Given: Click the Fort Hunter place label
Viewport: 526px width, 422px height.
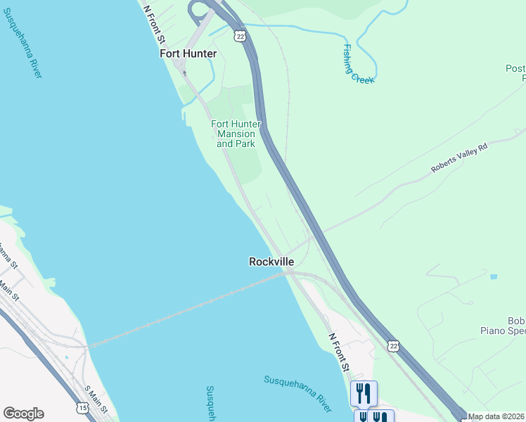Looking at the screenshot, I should tap(188, 53).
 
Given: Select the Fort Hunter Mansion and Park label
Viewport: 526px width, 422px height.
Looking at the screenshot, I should tap(236, 134).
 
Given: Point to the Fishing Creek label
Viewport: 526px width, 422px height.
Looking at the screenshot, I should tap(358, 64).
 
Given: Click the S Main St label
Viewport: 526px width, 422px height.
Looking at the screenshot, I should tap(98, 397).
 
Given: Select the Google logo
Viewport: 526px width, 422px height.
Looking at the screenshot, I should tap(23, 414).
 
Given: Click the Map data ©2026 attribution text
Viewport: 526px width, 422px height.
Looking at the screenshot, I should tap(496, 416).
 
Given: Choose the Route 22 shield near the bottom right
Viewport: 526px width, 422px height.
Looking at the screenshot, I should tap(393, 345).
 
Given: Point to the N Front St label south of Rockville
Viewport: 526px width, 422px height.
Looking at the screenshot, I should tap(339, 352).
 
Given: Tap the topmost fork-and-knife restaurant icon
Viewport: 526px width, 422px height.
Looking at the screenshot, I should tap(364, 392).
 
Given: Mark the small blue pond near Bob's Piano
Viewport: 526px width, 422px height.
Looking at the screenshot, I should tap(493, 276).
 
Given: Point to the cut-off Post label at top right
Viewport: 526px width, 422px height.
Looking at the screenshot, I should tap(515, 69).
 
